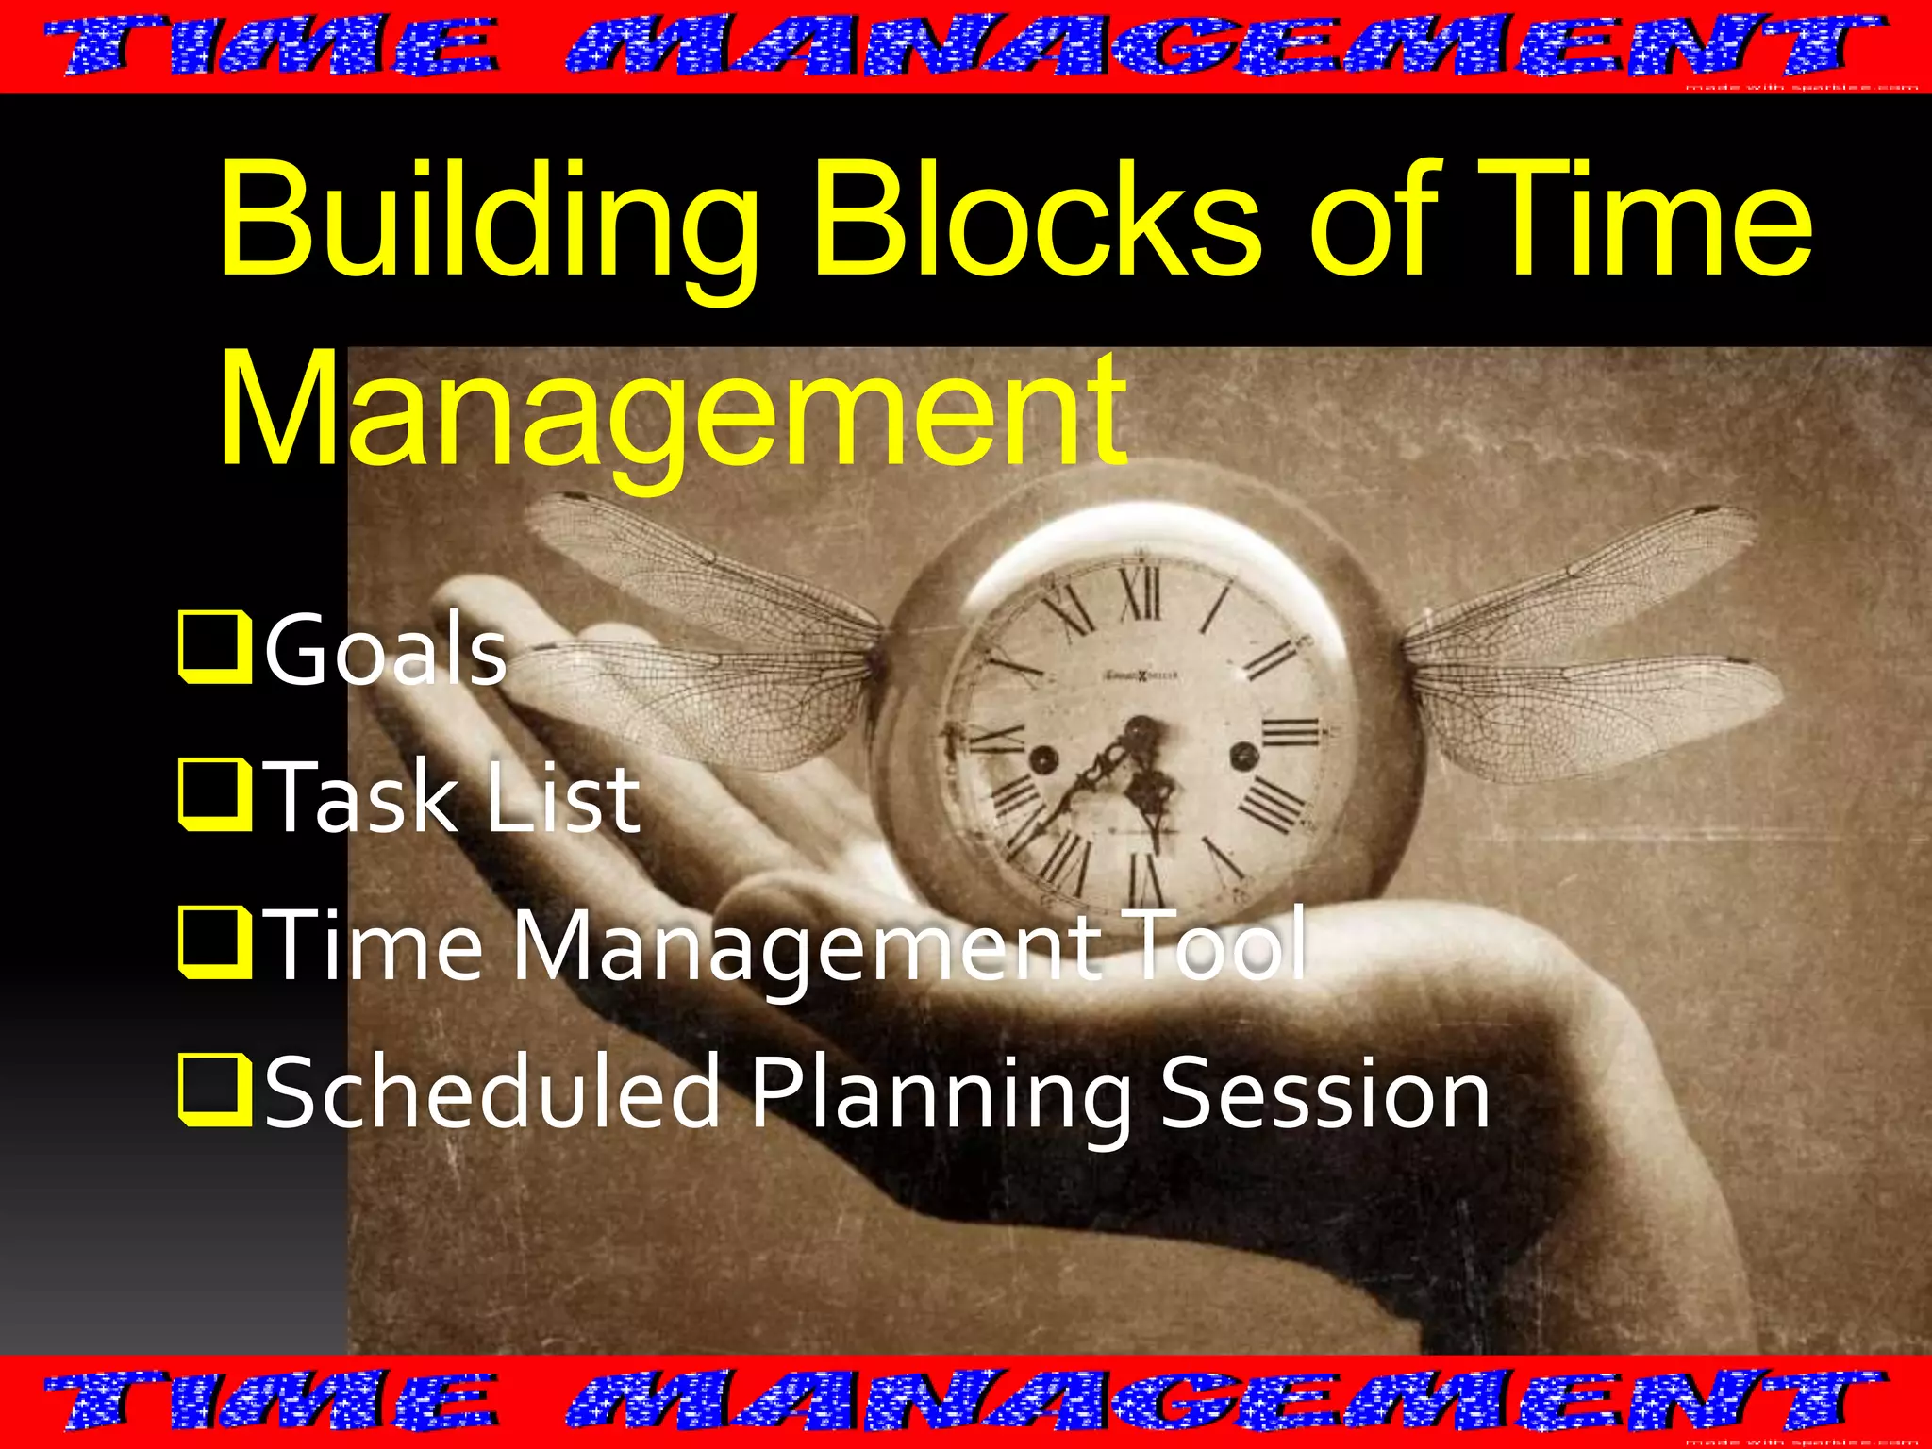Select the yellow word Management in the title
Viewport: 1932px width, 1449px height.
(672, 410)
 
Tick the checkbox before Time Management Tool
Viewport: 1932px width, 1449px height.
(215, 943)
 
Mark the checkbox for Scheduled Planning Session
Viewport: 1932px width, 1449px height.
(215, 1091)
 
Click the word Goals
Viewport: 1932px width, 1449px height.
(386, 649)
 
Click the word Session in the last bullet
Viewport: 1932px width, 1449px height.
(1324, 1092)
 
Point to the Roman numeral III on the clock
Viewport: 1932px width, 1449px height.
(1290, 731)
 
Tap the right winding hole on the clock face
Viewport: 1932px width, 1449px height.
(1244, 754)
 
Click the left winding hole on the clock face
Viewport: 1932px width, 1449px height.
(1043, 758)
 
